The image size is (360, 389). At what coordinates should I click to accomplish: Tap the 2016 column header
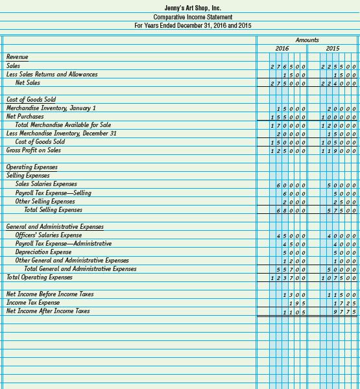click(282, 49)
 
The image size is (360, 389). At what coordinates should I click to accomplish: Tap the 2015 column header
click(332, 49)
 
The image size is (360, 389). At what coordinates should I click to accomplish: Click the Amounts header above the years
click(307, 40)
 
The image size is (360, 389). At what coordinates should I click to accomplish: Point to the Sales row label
click(13, 65)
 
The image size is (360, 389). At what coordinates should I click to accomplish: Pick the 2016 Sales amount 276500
click(288, 67)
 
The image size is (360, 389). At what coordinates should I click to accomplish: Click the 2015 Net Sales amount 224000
click(338, 84)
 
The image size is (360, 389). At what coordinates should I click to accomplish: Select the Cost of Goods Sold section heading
click(31, 99)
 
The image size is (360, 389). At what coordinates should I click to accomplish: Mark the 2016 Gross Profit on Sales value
click(288, 151)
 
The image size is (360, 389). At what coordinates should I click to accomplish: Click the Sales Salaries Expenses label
click(46, 184)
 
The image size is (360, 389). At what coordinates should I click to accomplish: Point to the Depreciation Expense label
click(43, 252)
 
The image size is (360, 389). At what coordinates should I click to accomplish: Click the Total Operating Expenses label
click(40, 277)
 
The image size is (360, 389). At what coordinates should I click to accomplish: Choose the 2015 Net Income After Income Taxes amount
click(344, 312)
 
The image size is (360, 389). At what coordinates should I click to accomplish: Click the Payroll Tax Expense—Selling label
click(53, 193)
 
